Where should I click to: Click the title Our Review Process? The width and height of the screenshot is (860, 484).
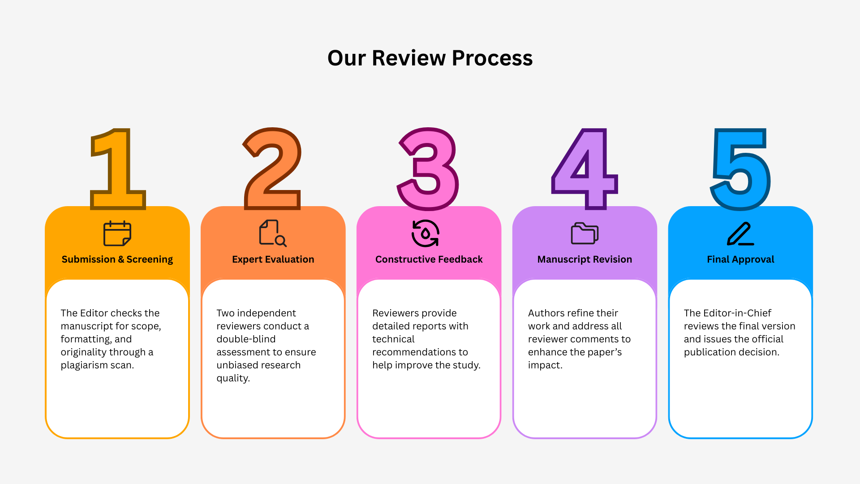coord(430,58)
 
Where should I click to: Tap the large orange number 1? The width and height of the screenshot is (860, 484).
coord(118,169)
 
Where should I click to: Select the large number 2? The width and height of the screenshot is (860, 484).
coord(272,169)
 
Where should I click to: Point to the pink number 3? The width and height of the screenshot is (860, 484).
coord(428,169)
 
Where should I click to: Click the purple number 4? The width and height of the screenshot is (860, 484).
coord(585,169)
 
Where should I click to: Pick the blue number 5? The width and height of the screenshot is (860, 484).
coord(740,169)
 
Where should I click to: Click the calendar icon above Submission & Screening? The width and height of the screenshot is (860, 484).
coord(117,233)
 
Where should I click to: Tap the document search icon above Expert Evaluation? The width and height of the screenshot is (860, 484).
coord(273,233)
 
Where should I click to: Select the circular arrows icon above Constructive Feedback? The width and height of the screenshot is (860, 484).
coord(426,233)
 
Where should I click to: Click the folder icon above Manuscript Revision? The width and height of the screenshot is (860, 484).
coord(585,233)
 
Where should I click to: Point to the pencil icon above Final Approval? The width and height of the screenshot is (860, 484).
coord(740,233)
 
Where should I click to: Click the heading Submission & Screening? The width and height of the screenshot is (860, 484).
coord(117,259)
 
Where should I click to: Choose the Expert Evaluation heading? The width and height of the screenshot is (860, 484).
coord(273,259)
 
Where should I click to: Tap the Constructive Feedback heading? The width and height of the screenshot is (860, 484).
coord(429,259)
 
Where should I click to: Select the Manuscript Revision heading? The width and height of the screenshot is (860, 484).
coord(585,259)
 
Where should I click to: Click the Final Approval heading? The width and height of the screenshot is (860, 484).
coord(740,259)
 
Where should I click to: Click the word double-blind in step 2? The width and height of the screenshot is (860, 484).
coord(246,339)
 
